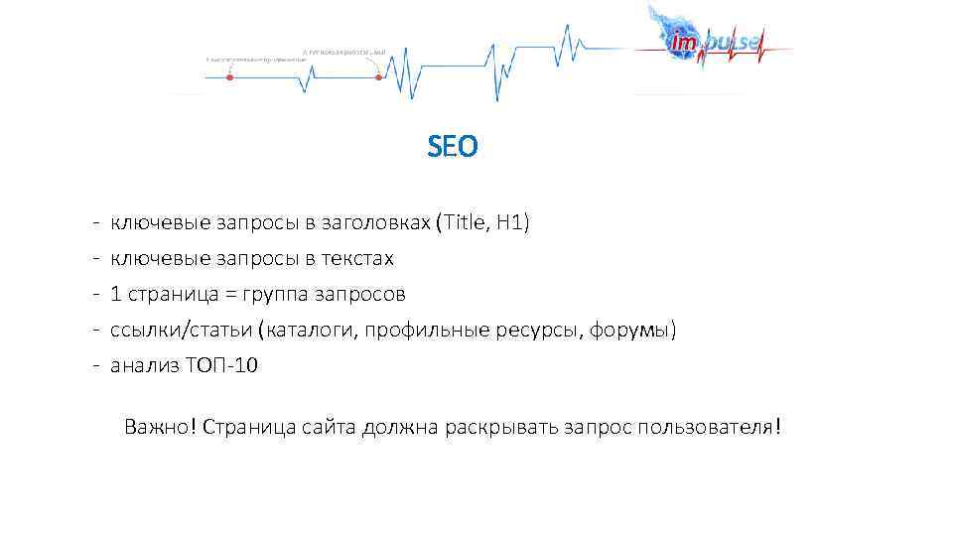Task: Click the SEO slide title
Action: (x=453, y=148)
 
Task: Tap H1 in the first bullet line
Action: (x=508, y=223)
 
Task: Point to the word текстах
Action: (x=357, y=259)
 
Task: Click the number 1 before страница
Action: (x=116, y=294)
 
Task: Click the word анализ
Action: (x=143, y=365)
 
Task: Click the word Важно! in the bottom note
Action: (x=160, y=427)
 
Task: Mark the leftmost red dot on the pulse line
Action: (x=229, y=76)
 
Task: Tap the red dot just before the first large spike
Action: (x=378, y=76)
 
